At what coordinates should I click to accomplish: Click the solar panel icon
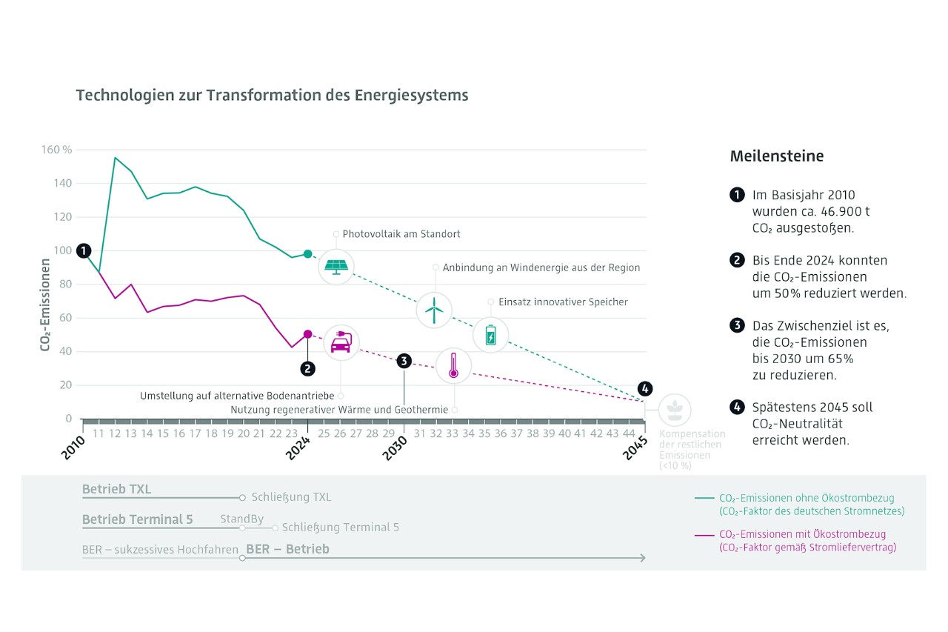[336, 267]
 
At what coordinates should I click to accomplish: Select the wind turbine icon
[435, 310]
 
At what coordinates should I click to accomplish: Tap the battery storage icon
[490, 336]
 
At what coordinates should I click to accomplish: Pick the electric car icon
[341, 343]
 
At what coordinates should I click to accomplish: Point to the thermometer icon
[453, 366]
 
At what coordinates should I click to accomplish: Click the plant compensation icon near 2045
[674, 410]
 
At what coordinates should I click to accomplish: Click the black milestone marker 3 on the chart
[404, 361]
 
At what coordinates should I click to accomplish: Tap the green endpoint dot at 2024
[308, 254]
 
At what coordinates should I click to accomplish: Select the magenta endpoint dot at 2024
[308, 334]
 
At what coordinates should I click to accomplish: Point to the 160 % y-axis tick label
[57, 150]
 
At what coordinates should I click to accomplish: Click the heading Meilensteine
[776, 156]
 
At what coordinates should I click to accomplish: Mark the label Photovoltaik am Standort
[401, 234]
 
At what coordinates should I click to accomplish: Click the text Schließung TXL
[291, 497]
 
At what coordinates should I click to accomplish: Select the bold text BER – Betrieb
[287, 549]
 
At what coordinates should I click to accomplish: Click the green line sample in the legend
[704, 498]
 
